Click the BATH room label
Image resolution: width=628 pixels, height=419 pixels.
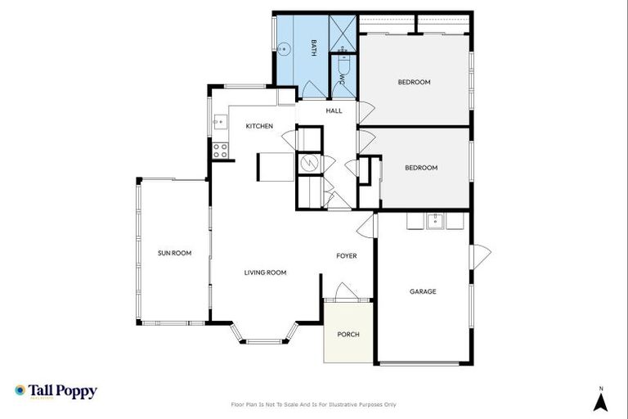tap(312, 48)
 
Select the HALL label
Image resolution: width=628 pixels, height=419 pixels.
tap(334, 110)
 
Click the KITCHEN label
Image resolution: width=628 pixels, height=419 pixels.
tap(259, 126)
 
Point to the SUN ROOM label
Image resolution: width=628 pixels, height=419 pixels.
tap(174, 253)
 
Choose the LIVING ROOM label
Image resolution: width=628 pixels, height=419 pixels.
tap(265, 273)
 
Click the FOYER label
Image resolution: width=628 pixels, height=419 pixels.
tap(347, 256)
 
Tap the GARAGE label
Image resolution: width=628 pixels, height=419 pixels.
tap(423, 291)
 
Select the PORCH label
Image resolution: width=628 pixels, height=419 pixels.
tap(348, 334)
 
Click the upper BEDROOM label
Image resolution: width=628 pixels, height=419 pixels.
tap(414, 82)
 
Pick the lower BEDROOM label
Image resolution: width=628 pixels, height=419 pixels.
tap(421, 168)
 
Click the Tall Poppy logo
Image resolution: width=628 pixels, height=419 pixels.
tap(56, 391)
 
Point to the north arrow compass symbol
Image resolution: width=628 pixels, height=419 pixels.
tap(600, 400)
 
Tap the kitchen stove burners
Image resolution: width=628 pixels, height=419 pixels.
tap(220, 151)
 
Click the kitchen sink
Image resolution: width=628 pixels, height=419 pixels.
tap(218, 124)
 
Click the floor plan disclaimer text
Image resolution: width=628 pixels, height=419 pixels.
tap(314, 404)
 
